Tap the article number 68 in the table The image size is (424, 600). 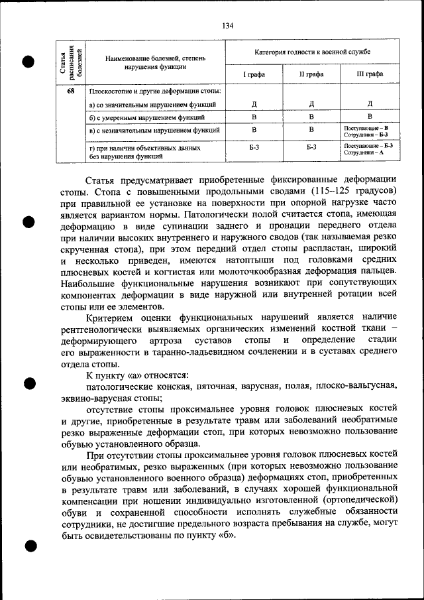click(70, 91)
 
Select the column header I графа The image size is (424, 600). click(254, 74)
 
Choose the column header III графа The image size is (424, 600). click(370, 74)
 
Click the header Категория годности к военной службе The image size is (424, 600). click(312, 51)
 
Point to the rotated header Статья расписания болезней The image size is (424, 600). click(70, 61)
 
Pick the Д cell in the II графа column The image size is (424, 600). click(311, 104)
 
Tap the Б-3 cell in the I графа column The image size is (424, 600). click(254, 148)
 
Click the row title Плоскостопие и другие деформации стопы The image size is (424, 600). click(154, 91)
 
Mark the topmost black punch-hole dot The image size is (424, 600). click(29, 62)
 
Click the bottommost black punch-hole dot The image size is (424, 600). click(29, 547)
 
